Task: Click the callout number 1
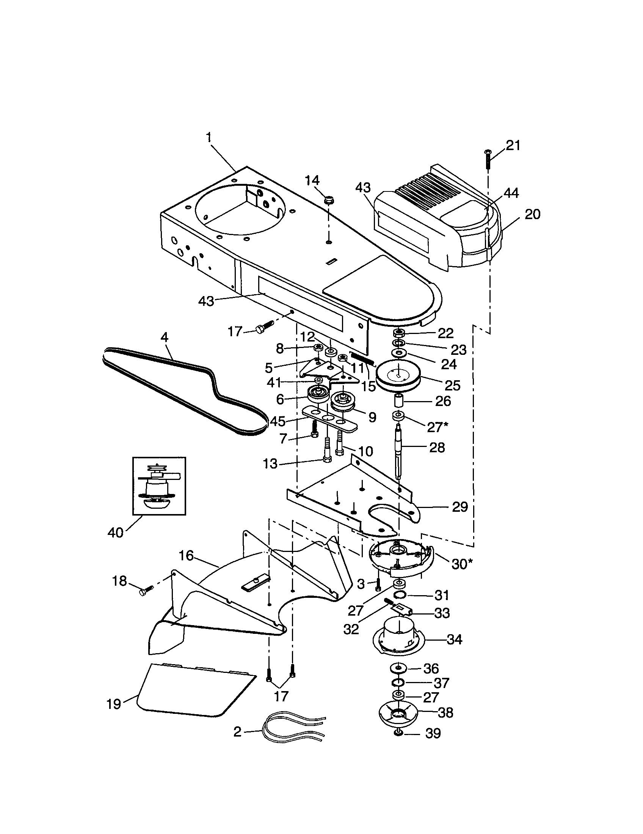(x=209, y=138)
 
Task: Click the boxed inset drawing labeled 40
(x=159, y=486)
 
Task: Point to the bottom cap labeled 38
(x=398, y=715)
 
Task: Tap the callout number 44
(x=511, y=193)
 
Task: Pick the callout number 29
(x=460, y=507)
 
